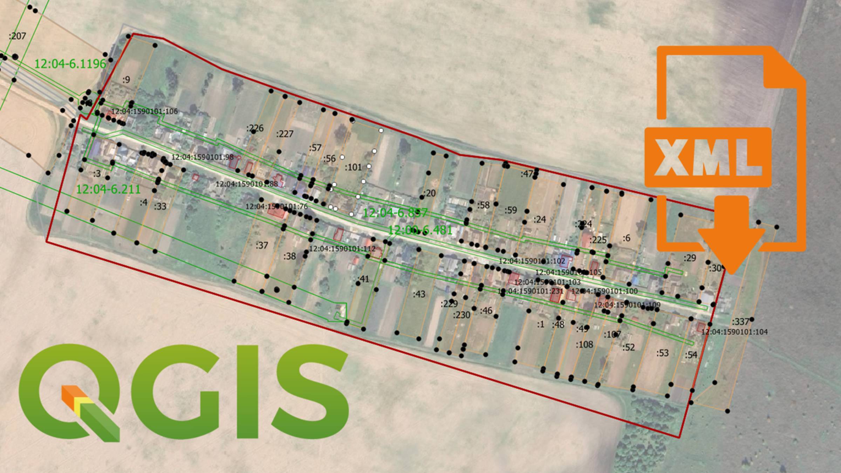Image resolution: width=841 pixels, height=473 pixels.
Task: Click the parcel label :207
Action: click(17, 36)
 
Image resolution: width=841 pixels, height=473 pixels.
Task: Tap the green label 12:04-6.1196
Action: click(70, 63)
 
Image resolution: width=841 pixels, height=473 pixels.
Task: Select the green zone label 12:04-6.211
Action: click(108, 189)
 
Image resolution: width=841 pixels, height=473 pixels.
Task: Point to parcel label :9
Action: click(126, 80)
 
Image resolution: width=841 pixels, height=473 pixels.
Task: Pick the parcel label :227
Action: click(285, 134)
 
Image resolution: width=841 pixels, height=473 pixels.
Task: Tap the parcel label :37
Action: click(262, 245)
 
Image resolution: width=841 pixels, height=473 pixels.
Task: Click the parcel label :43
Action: click(419, 294)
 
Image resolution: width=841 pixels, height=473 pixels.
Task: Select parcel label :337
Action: click(740, 321)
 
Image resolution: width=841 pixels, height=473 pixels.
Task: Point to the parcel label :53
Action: click(662, 353)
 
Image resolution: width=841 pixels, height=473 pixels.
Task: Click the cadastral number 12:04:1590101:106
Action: click(144, 111)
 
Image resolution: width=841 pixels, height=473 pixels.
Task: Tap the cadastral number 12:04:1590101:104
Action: click(734, 331)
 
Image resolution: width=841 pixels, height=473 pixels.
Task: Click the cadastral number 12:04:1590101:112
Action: click(342, 249)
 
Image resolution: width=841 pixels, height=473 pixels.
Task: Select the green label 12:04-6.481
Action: click(420, 230)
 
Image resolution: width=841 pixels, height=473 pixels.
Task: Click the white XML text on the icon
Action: click(708, 157)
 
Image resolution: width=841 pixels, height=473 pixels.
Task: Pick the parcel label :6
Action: click(627, 238)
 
